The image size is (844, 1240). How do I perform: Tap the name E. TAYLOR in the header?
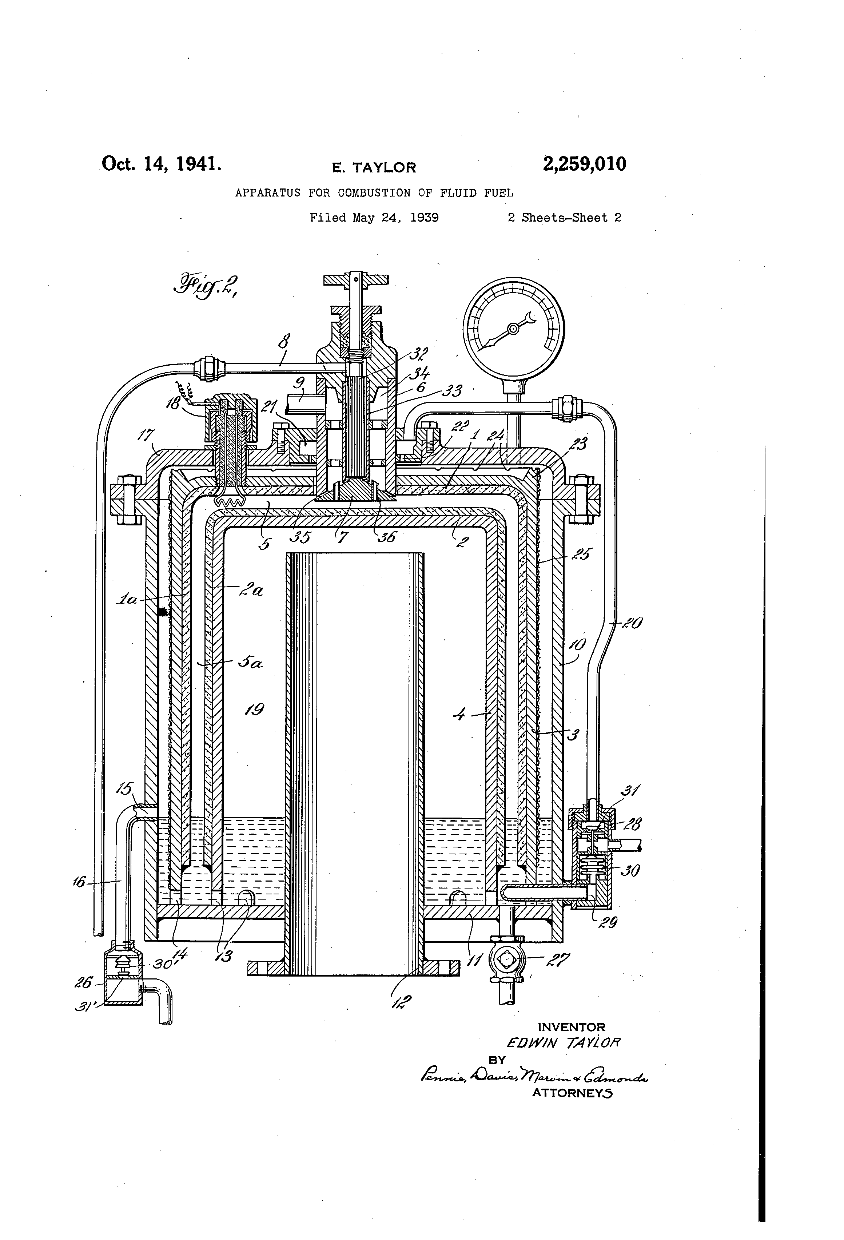[x=374, y=167]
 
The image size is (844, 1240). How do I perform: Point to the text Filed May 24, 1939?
[x=374, y=218]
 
